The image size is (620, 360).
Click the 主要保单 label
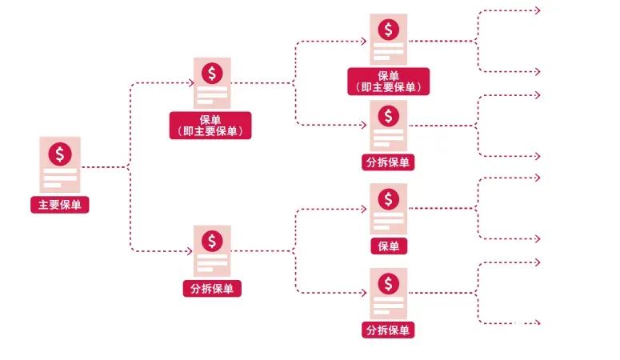(60, 205)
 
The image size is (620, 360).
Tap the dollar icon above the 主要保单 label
(60, 154)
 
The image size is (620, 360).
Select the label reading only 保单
(389, 246)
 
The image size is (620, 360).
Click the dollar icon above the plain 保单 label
(388, 199)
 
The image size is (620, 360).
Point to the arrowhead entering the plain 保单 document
(364, 209)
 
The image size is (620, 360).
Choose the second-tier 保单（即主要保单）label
(210, 126)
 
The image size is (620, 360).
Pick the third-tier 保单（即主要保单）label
(388, 82)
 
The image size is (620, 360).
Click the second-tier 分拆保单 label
(212, 288)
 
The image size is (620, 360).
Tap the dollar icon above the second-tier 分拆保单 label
(212, 241)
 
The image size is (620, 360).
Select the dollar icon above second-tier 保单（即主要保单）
(212, 73)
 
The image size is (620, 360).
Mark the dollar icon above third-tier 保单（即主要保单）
(388, 30)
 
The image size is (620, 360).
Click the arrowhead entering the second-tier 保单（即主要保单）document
(191, 82)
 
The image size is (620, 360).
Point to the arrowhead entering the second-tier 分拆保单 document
(190, 251)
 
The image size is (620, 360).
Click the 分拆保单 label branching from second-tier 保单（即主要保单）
(388, 162)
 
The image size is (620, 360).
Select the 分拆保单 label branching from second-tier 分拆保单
(388, 330)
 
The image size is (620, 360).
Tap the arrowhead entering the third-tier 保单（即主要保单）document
(364, 41)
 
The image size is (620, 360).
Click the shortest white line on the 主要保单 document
(52, 185)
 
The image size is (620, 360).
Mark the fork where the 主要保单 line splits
(130, 167)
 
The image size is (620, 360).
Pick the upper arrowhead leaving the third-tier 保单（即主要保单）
(538, 10)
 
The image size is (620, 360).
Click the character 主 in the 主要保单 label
(43, 205)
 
